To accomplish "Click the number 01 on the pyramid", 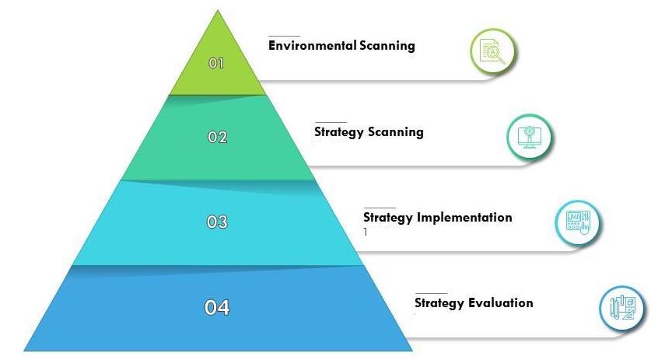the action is [x=216, y=64].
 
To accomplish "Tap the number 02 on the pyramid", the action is [x=217, y=137].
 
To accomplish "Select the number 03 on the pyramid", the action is [x=217, y=222].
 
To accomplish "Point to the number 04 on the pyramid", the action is [x=217, y=307].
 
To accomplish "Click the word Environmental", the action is [x=313, y=45].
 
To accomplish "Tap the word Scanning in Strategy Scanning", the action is [x=396, y=132].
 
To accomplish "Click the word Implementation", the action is [x=464, y=217].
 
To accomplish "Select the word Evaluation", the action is [x=501, y=302].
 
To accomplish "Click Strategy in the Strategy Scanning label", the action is [x=338, y=132].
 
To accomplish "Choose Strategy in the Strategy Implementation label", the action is [x=388, y=217].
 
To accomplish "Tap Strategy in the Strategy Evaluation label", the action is [x=439, y=303].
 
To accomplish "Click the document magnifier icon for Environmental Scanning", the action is [x=492, y=52].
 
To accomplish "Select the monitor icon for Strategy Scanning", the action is [x=530, y=138].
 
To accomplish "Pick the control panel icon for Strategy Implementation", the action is [x=578, y=223].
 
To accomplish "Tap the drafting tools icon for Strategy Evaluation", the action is [x=623, y=308].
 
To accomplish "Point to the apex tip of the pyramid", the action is [x=218, y=10].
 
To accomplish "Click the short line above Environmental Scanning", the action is [x=284, y=36].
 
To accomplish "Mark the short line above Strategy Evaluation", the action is [x=431, y=293].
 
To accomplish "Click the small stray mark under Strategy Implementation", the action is [x=366, y=232].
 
